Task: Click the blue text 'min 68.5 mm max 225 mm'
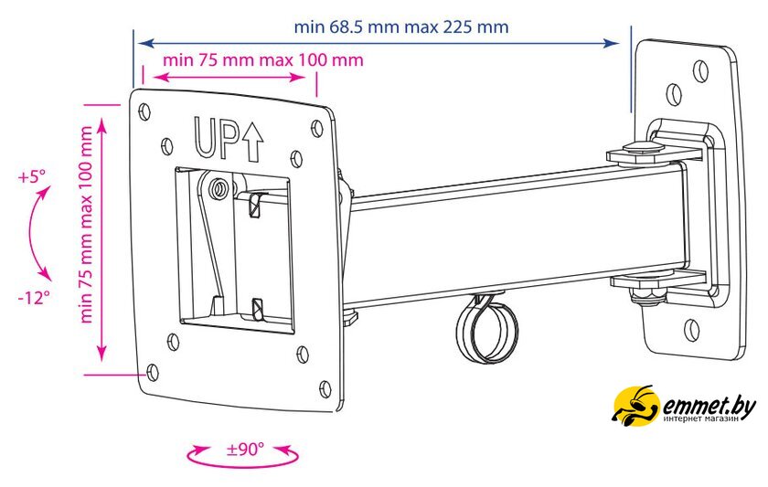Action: [x=401, y=26]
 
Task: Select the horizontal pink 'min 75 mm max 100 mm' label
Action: [x=263, y=60]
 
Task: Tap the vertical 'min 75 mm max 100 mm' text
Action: [x=86, y=225]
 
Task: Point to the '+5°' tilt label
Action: [x=31, y=176]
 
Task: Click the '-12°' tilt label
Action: [x=35, y=297]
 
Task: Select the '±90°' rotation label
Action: [x=245, y=449]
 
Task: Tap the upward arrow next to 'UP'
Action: [x=252, y=143]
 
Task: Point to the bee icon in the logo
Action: [x=635, y=406]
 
